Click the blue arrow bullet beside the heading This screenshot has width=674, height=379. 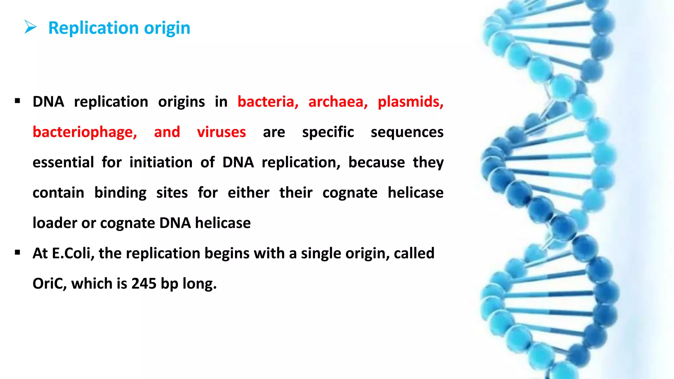31,27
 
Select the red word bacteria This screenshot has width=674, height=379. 268,102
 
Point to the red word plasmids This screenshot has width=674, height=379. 410,102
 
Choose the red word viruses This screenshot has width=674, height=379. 221,132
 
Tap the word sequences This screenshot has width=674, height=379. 407,132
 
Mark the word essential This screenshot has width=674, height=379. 63,163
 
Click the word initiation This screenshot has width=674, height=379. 161,163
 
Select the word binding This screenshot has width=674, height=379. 120,193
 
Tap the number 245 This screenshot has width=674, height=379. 143,284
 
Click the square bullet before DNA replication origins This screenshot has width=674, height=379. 18,101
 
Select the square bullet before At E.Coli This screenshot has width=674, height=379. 18,252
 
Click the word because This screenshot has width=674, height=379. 376,163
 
